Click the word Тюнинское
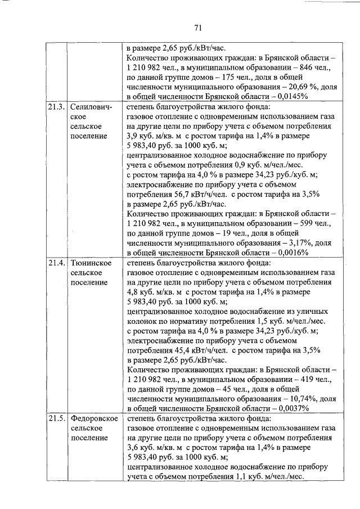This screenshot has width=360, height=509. (91, 263)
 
